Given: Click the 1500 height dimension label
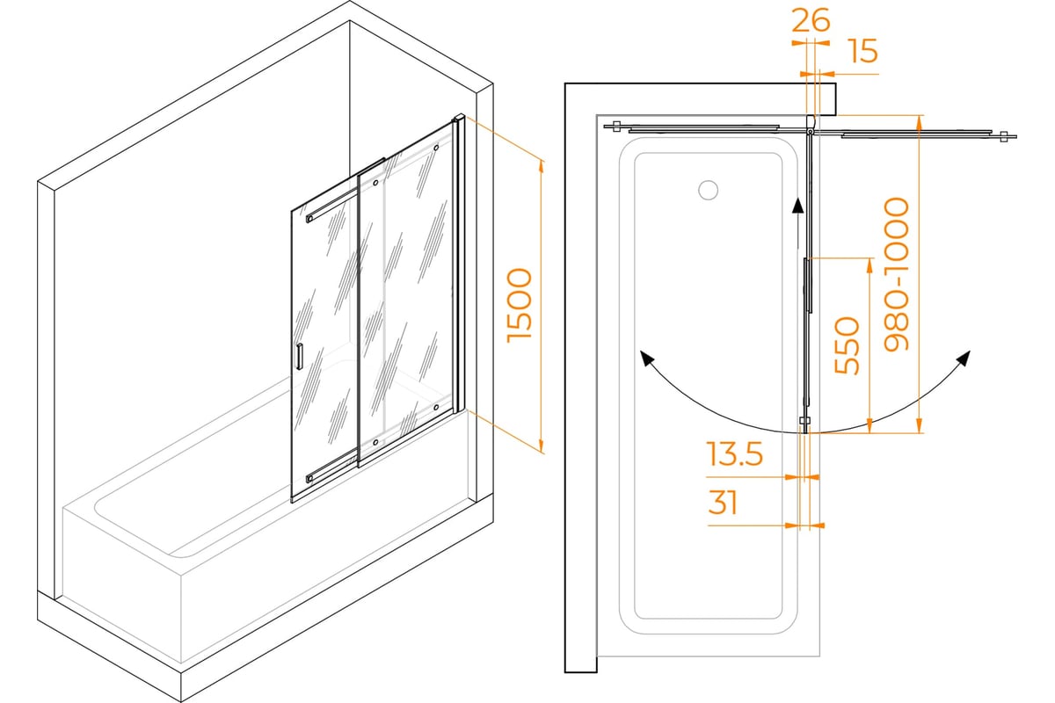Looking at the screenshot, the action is click(x=520, y=305).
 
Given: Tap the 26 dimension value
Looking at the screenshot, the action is click(x=811, y=21).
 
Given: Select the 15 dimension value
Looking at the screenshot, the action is click(x=863, y=51).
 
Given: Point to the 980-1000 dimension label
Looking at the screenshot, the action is click(x=896, y=274).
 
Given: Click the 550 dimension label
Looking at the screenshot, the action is click(x=847, y=345).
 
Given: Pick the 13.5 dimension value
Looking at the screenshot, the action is click(x=735, y=454).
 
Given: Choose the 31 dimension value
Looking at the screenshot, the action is click(x=723, y=503).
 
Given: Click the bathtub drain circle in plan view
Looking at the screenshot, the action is click(x=708, y=190).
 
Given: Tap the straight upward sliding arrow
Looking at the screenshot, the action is click(x=797, y=224).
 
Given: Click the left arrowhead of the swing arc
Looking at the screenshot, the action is click(x=645, y=358).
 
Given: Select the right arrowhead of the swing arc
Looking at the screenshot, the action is click(x=964, y=359).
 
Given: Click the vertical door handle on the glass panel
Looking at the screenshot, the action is click(x=299, y=357).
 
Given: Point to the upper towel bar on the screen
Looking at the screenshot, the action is click(x=332, y=206).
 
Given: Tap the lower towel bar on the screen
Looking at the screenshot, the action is click(x=331, y=466).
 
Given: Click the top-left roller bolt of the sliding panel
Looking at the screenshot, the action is click(x=375, y=183).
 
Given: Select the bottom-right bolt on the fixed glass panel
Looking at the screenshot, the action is click(x=436, y=407).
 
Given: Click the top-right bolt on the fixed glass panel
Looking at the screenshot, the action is click(x=437, y=148).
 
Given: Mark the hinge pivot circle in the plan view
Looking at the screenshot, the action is click(x=810, y=131).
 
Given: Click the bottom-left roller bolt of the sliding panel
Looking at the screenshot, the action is click(x=375, y=442).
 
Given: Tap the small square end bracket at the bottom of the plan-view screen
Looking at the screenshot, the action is click(x=804, y=420).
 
